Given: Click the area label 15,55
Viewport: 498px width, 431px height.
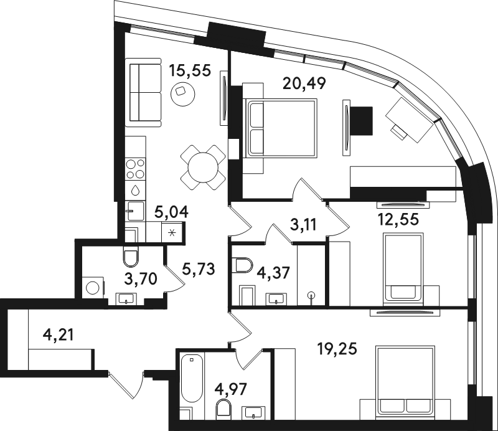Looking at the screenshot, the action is coord(190,70).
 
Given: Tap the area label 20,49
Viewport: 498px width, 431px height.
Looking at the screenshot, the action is coord(304,83).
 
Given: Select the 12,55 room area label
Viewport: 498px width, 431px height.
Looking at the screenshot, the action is coord(398,219).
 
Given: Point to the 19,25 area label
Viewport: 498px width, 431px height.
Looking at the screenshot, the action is coord(337,349).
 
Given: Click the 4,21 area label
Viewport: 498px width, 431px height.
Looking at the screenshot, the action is coord(58,335).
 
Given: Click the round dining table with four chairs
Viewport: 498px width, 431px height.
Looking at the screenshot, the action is coord(203,168).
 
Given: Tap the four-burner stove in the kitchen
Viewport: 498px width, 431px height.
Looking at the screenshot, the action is coord(136,168).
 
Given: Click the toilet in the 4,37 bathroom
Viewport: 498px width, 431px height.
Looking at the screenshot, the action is coord(242,265).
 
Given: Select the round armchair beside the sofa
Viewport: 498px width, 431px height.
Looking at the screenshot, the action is coord(182,94).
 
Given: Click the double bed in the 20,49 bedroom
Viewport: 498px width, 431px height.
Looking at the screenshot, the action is coord(280,128).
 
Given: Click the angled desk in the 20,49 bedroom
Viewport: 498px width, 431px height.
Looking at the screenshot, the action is coord(410,120).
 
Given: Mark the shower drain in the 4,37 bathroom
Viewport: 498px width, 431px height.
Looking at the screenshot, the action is coord(312,295).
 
